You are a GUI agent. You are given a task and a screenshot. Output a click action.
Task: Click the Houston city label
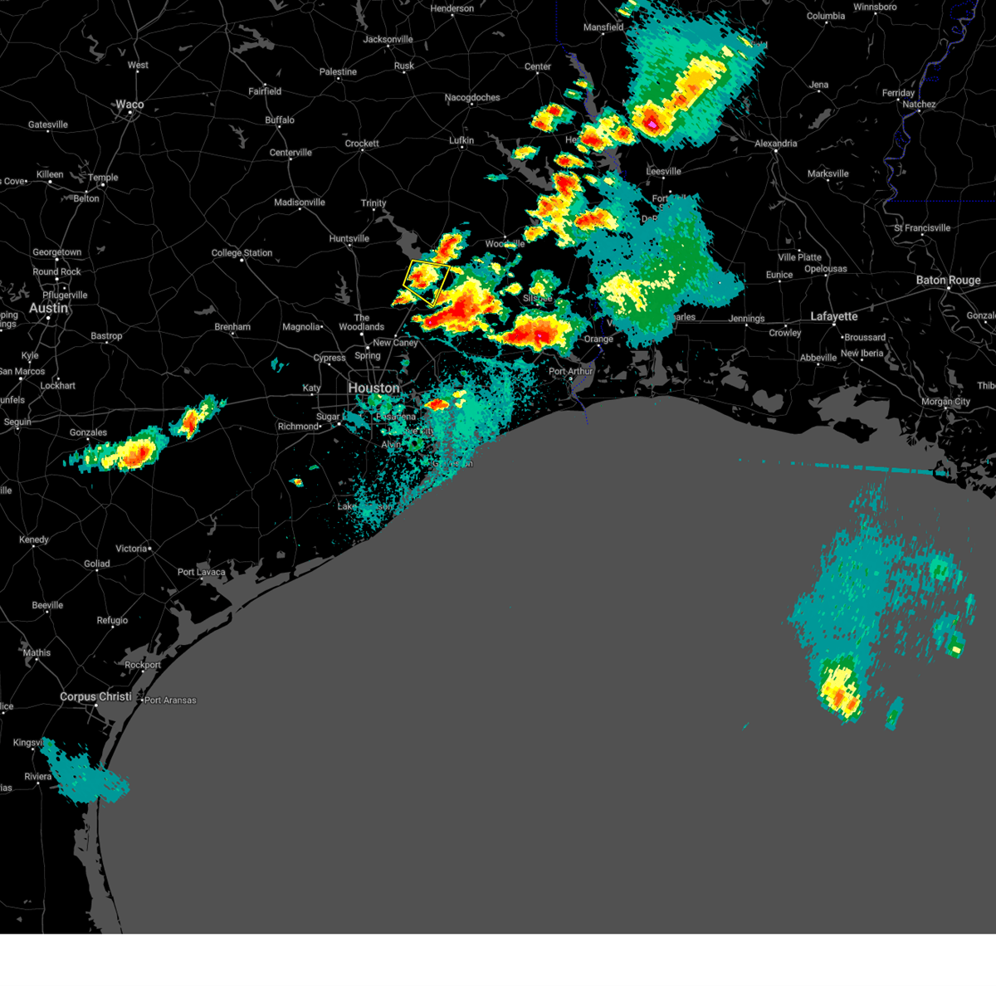[373, 388]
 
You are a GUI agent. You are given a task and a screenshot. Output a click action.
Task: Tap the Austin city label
[48, 308]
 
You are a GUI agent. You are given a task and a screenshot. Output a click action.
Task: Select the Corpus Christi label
[95, 696]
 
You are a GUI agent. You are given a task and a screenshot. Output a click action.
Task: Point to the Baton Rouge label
[948, 281]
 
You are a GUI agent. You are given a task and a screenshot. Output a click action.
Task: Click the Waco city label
[129, 105]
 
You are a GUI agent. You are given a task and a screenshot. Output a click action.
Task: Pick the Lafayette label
[834, 316]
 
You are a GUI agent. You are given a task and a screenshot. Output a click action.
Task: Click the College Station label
[242, 253]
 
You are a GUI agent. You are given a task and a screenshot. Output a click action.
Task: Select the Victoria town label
[131, 549]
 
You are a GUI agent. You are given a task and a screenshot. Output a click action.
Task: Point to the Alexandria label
[775, 144]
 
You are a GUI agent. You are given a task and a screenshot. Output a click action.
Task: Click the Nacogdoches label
[472, 98]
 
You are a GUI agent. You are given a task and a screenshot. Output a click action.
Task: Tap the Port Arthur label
[570, 371]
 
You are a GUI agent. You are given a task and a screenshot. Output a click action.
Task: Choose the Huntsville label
[349, 239]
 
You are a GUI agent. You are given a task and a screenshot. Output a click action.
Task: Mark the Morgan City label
[945, 402]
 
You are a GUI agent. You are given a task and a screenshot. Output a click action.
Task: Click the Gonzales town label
[88, 432]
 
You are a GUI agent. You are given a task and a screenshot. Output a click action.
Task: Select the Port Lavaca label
[201, 572]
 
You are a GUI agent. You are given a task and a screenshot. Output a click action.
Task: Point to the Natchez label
[919, 105]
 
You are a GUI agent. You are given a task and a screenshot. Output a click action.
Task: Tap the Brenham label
[232, 327]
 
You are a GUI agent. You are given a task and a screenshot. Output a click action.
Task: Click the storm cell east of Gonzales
[133, 452]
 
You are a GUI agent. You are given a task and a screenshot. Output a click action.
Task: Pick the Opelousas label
[825, 269]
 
